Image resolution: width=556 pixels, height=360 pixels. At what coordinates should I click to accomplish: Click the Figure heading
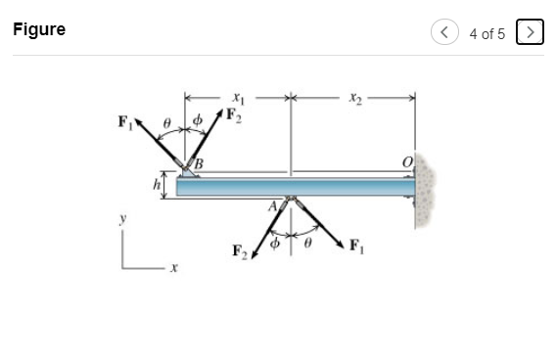(39, 29)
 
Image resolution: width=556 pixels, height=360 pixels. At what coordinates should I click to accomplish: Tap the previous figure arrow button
(445, 32)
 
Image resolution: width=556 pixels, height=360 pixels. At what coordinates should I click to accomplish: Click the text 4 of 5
(486, 33)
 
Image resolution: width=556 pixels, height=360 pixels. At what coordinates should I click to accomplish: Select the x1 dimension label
(237, 98)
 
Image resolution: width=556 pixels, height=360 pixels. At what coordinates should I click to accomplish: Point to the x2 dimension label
(353, 98)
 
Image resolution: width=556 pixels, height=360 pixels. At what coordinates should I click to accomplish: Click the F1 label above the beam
(124, 122)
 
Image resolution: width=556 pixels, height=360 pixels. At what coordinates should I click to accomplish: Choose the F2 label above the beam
(234, 115)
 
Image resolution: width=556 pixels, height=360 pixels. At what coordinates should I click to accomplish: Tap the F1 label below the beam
(356, 245)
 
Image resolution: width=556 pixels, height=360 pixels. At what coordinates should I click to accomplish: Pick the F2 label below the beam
(240, 251)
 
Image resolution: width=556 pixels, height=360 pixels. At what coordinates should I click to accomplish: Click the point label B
(198, 164)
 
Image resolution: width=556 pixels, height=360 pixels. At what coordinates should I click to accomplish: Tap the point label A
(274, 205)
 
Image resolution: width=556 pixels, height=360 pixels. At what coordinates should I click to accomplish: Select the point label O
(405, 161)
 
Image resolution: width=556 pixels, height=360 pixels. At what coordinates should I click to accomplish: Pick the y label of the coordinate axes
(122, 221)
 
